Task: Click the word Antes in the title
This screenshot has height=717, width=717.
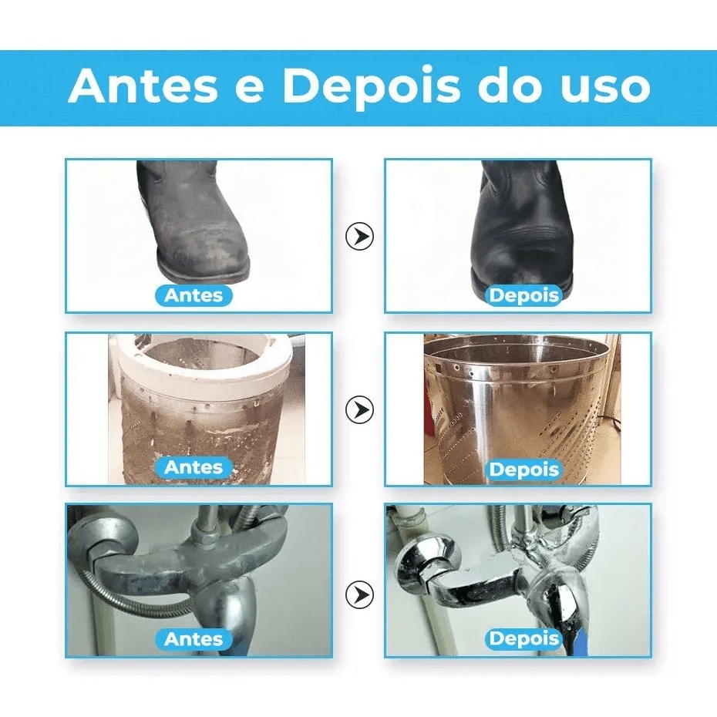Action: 143,86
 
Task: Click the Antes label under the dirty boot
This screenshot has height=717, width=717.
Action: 194,295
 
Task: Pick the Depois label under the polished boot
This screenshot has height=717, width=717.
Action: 524,295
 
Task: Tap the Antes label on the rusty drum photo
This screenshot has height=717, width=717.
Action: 194,467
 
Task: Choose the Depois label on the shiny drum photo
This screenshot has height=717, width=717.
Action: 524,470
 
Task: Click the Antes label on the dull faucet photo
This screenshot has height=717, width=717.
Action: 194,639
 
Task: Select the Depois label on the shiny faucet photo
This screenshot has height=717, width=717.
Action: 524,639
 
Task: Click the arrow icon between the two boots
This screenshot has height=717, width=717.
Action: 359,237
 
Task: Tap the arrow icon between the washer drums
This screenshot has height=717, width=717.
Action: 359,409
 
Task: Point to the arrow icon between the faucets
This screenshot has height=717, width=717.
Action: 359,594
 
